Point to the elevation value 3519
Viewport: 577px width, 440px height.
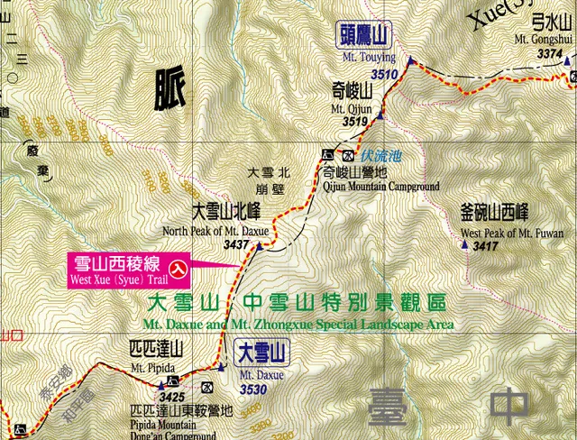357,122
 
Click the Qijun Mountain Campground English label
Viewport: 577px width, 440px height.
380,187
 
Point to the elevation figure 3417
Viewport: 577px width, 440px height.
485,247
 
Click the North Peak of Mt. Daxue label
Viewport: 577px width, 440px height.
215,231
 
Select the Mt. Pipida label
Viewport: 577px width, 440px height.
151,368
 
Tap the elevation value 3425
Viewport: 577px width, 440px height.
170,396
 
